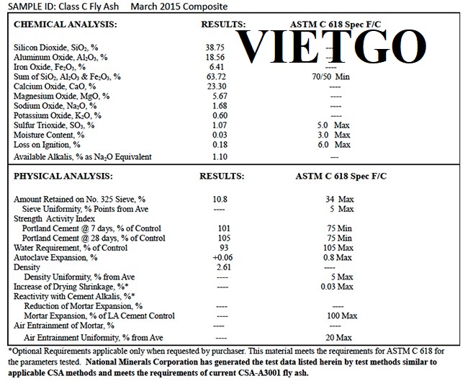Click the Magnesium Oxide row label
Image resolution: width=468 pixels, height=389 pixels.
coord(62,96)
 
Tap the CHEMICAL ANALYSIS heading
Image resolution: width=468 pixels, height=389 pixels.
coord(66,25)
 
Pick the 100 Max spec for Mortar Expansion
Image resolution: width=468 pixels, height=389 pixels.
coord(338,316)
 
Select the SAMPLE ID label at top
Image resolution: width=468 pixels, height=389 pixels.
coord(29,6)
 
